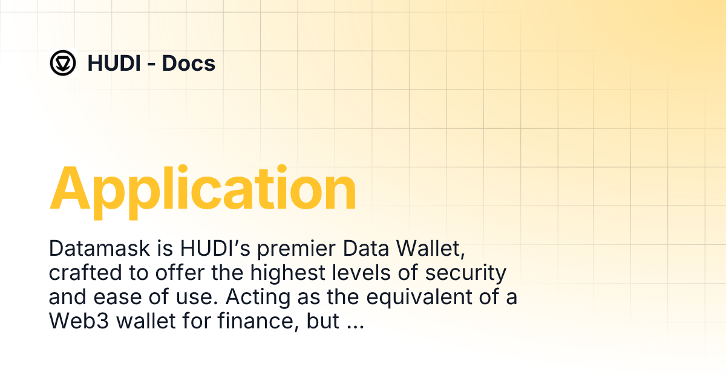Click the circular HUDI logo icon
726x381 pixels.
[x=62, y=63]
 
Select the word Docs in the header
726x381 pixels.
[x=189, y=63]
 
